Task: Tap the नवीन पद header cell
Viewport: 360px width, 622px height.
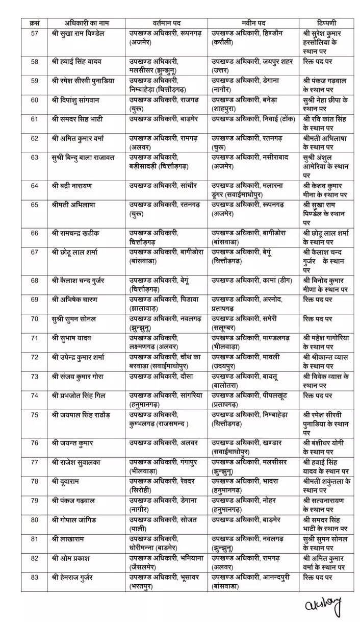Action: coord(253,23)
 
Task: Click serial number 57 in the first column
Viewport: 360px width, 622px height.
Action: coord(34,34)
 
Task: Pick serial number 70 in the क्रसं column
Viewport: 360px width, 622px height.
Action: coord(34,319)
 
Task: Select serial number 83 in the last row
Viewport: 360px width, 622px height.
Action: coord(34,577)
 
